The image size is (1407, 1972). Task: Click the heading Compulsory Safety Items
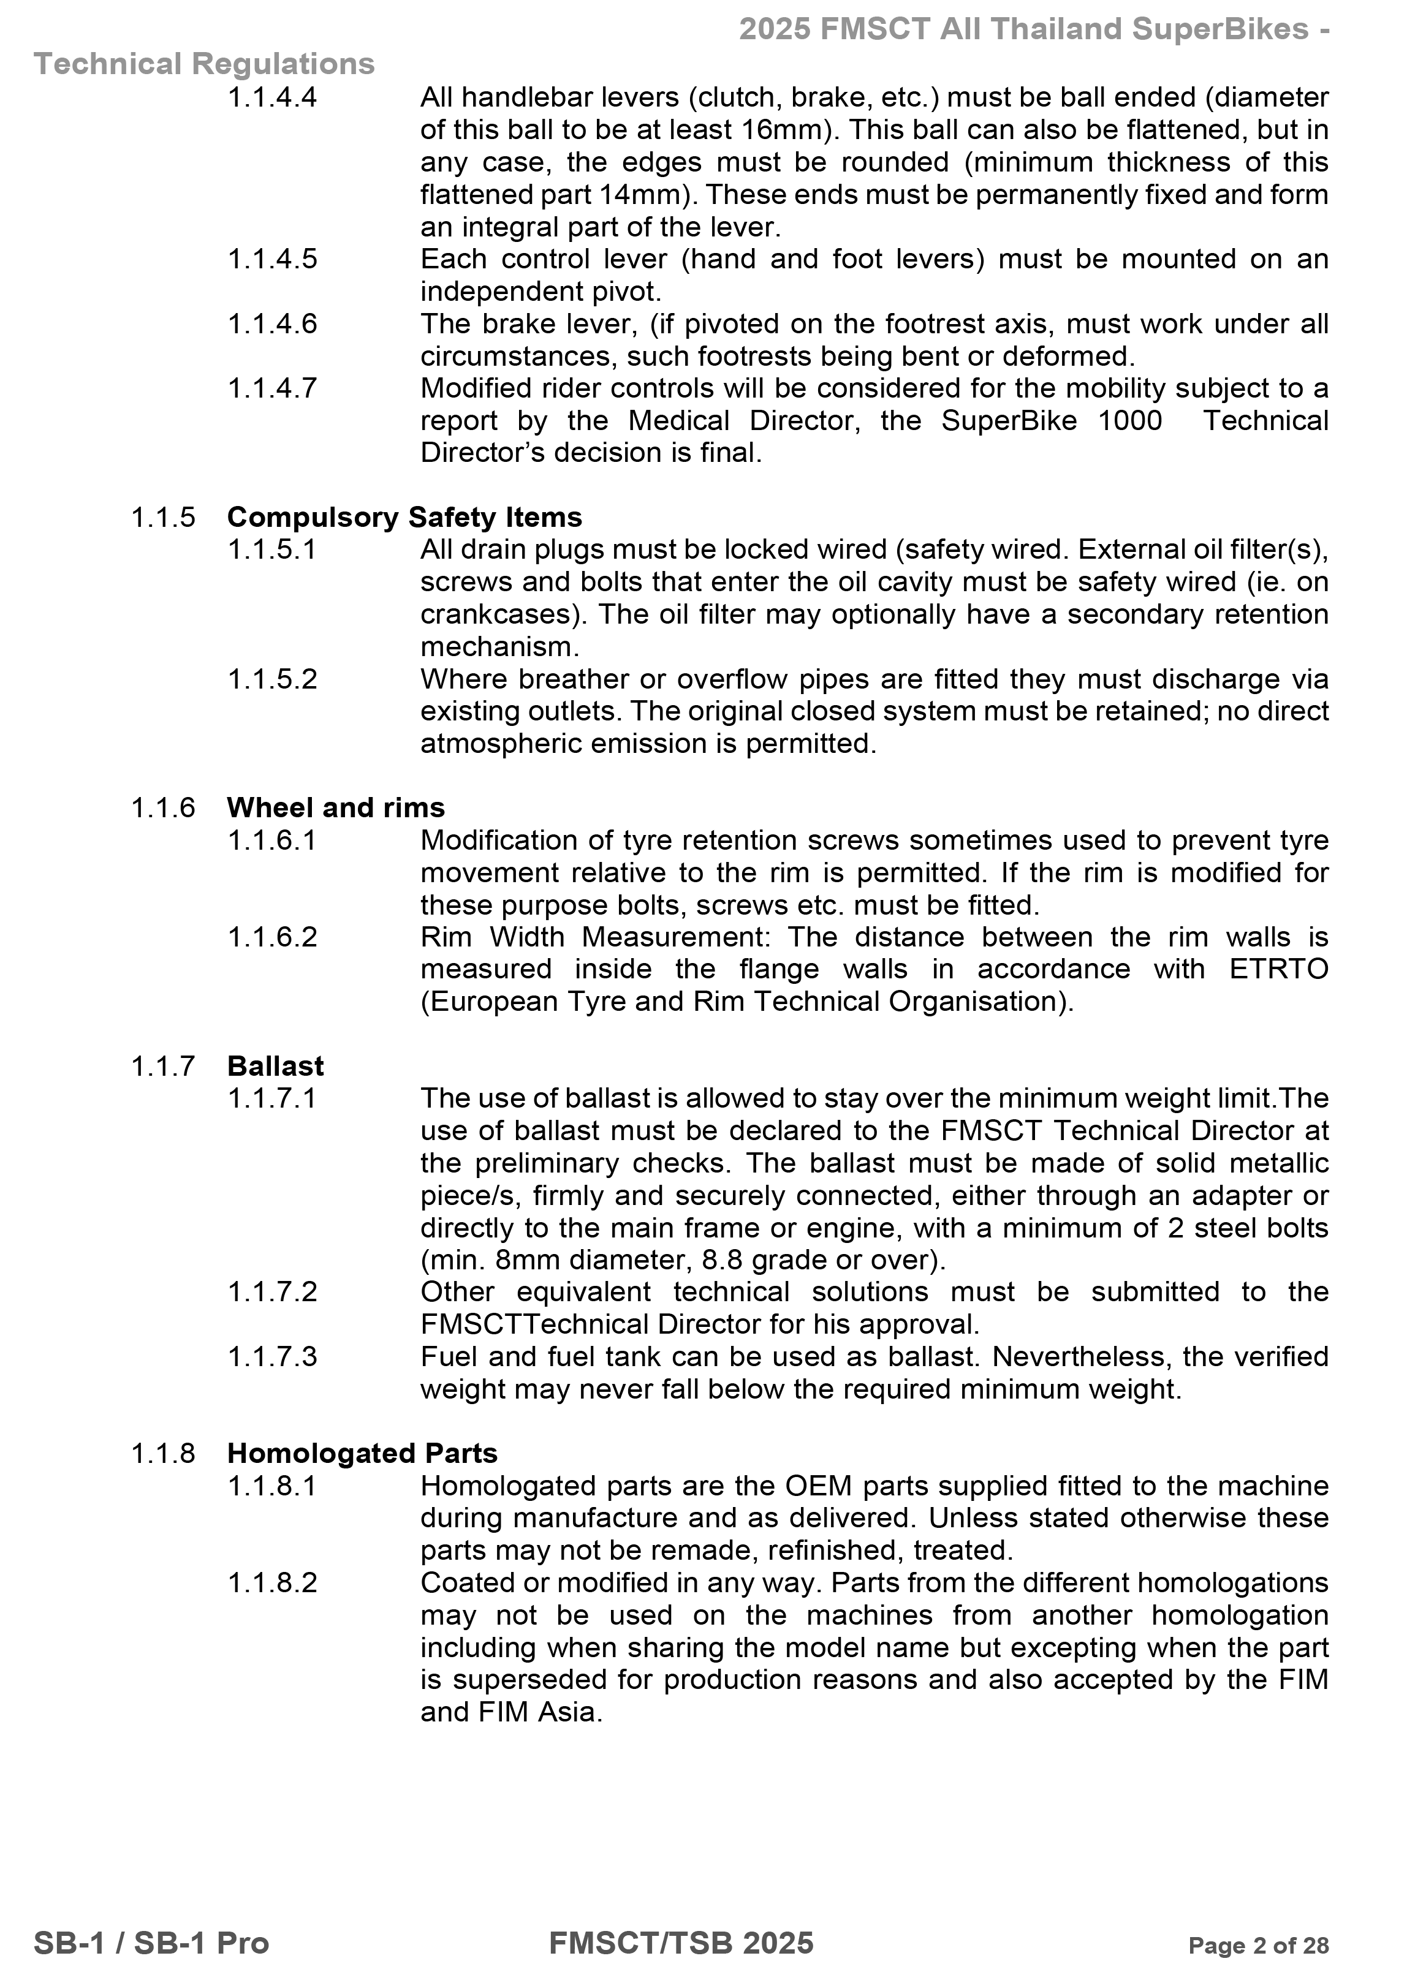pyautogui.click(x=404, y=517)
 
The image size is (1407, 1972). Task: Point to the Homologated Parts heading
pyautogui.click(x=362, y=1453)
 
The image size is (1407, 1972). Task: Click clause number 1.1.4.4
pyautogui.click(x=272, y=97)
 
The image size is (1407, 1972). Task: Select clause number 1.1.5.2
pyautogui.click(x=272, y=679)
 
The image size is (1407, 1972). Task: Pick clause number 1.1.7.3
pyautogui.click(x=272, y=1356)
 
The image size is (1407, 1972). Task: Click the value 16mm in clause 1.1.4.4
pyautogui.click(x=783, y=130)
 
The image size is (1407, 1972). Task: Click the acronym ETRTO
pyautogui.click(x=1278, y=969)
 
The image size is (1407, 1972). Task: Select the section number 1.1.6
pyautogui.click(x=163, y=807)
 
